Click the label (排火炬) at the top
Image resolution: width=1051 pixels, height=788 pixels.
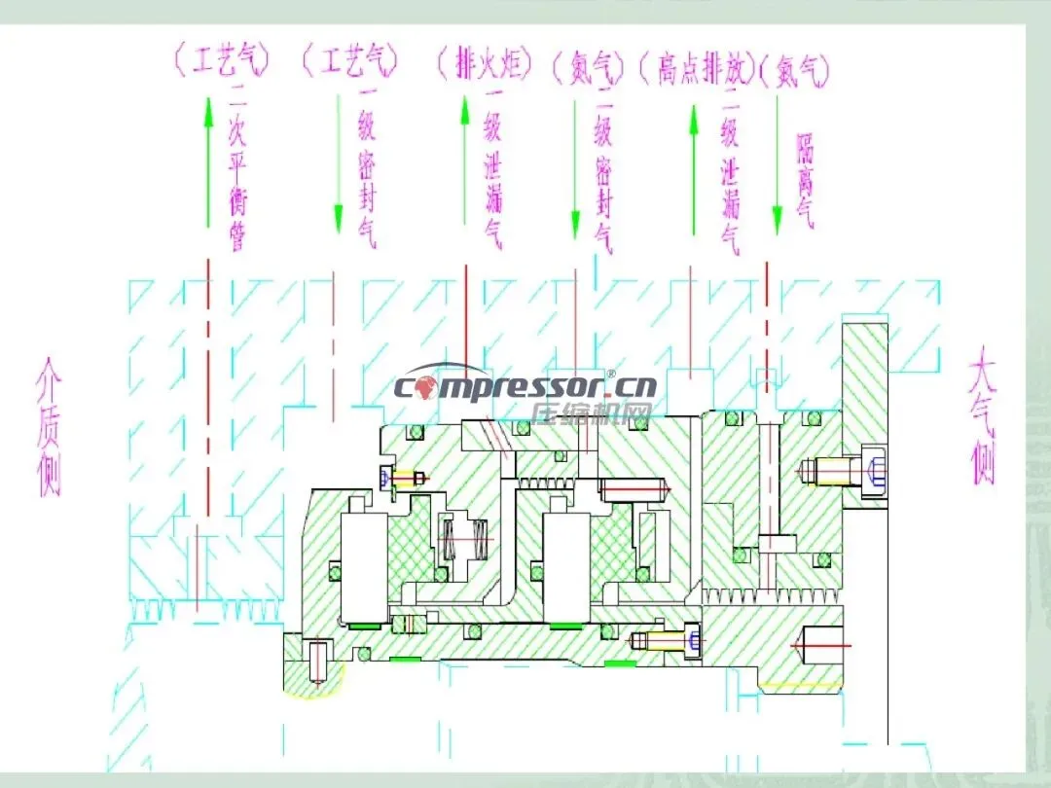pos(485,65)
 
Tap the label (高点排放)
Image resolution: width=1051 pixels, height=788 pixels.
pos(697,68)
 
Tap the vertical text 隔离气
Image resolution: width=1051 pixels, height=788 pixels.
pos(806,180)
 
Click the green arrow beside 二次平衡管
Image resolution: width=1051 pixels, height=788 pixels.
pos(207,161)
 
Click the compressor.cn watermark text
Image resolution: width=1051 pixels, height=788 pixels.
pos(525,386)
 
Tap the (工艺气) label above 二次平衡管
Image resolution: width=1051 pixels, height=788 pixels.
pos(220,62)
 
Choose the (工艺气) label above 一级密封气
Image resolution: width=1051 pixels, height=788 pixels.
pos(350,62)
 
